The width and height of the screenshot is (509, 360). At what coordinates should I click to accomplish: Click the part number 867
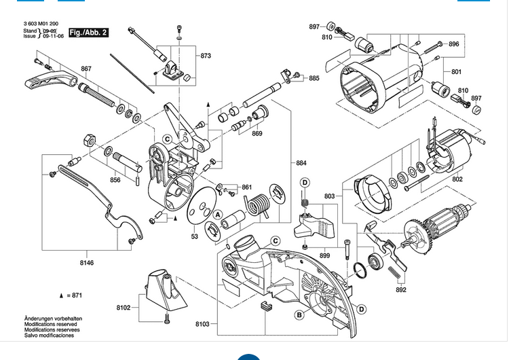[86, 69]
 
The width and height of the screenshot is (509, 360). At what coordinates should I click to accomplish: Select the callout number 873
[206, 55]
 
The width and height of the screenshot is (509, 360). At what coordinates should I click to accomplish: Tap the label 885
[314, 79]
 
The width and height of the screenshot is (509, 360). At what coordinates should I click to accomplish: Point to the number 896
[454, 44]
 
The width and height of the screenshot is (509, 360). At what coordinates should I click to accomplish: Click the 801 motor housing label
[456, 72]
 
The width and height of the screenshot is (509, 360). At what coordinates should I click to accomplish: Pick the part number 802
[457, 179]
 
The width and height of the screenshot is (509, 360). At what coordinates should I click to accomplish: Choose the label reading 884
[301, 163]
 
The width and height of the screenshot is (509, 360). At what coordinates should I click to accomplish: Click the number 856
[115, 180]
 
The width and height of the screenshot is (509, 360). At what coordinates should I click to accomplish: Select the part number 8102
[123, 308]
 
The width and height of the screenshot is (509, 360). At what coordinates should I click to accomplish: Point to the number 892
[401, 290]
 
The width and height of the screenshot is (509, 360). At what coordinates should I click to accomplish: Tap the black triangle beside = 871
[61, 296]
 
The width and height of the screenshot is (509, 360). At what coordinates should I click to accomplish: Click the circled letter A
[218, 215]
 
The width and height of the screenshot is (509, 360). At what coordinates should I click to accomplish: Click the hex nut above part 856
[87, 139]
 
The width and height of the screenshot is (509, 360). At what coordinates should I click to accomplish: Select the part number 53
[194, 236]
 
